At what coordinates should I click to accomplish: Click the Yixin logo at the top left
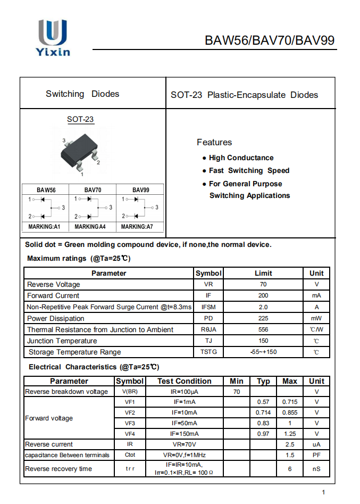(53, 37)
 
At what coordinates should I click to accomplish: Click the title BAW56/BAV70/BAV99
(270, 40)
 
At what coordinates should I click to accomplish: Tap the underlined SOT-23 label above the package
(80, 119)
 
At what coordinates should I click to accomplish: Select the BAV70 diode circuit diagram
(93, 207)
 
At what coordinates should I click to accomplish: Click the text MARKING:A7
(137, 227)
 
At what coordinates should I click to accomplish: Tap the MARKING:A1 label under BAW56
(44, 227)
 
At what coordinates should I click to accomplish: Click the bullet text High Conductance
(241, 158)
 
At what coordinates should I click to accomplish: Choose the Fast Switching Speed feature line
(249, 170)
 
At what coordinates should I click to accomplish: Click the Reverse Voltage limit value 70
(263, 284)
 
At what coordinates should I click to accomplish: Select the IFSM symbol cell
(208, 307)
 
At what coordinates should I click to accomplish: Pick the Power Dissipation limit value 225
(263, 318)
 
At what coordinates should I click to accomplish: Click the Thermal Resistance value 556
(263, 329)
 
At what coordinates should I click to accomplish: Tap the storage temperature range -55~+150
(263, 352)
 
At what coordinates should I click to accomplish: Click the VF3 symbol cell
(130, 423)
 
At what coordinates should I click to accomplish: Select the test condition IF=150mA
(185, 434)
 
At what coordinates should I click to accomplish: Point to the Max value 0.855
(290, 412)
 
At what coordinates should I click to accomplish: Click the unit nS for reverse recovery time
(316, 469)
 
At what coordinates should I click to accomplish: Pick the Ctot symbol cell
(130, 455)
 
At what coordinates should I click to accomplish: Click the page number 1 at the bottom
(323, 492)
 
